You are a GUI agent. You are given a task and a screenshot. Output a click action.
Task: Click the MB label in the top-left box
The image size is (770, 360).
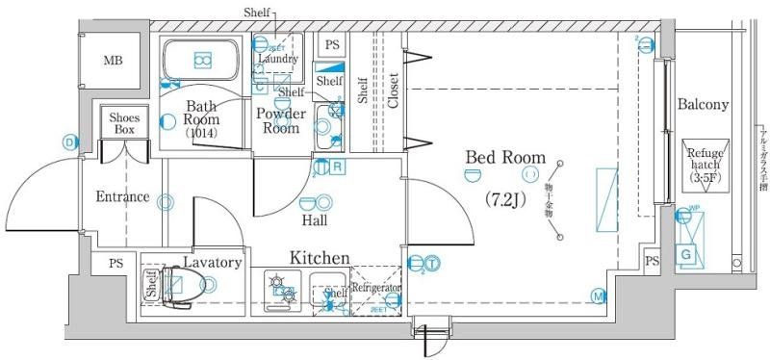pos(114,62)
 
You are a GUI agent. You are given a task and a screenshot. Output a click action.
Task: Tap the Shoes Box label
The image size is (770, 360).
pos(125,123)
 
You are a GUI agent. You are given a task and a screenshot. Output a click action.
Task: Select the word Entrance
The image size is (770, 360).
pos(122,197)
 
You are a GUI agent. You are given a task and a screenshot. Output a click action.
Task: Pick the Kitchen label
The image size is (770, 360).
pos(320,258)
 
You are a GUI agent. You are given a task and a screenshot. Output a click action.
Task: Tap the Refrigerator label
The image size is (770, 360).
pos(375,288)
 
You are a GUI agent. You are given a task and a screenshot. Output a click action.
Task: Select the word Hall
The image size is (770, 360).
pos(315,220)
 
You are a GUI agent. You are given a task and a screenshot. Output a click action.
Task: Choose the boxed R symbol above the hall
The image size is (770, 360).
pos(338,167)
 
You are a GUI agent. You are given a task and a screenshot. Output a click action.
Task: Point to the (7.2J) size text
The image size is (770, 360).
pos(505,199)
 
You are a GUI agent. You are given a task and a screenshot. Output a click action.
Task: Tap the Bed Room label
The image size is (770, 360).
pos(505,157)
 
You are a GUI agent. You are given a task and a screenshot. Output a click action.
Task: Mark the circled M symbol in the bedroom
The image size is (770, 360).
pos(599,296)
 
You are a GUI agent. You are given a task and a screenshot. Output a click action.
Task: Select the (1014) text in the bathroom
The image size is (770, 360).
pos(202,134)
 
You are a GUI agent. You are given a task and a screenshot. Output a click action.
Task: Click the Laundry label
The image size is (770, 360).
pos(277,59)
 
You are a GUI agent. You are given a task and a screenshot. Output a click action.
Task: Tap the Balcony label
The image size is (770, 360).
pos(703,104)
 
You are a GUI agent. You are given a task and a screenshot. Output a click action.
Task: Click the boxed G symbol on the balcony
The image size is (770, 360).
pos(687,254)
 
